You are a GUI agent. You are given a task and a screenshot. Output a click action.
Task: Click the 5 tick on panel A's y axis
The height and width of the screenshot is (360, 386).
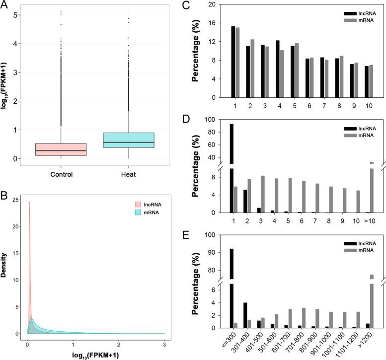pyautogui.click(x=17, y=15)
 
